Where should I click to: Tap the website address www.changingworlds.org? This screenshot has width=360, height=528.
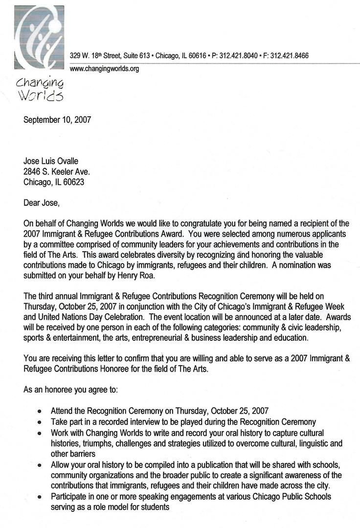click(105, 69)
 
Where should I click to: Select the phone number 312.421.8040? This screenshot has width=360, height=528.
click(237, 56)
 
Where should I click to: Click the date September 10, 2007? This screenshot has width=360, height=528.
click(57, 120)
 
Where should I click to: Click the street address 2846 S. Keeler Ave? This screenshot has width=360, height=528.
click(57, 172)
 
